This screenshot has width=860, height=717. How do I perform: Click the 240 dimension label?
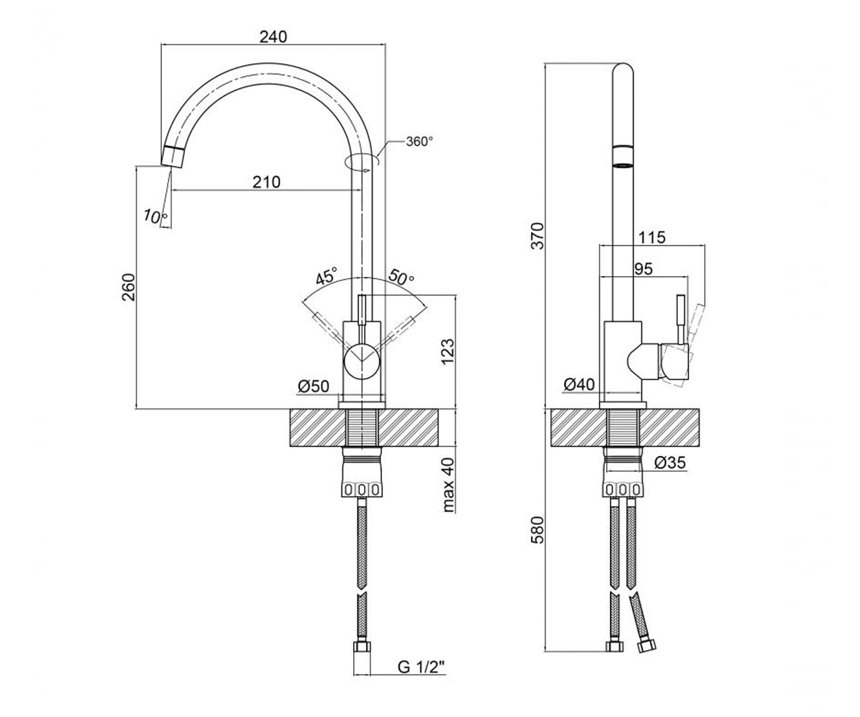[x=273, y=37]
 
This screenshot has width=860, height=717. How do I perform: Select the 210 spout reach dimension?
[x=267, y=181]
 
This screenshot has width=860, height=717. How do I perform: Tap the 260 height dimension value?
[x=128, y=288]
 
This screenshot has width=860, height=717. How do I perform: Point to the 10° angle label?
[x=155, y=216]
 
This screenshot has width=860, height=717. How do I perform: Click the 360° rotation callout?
[x=420, y=141]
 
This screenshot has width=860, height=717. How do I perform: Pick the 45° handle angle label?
[x=326, y=275]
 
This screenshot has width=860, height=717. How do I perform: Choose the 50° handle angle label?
[x=401, y=277]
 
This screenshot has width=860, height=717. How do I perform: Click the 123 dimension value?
[x=447, y=351]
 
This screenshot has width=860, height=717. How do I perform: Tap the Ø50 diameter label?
[x=313, y=386]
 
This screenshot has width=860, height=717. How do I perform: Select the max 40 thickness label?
[x=448, y=485]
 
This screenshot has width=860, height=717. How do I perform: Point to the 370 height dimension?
[x=537, y=236]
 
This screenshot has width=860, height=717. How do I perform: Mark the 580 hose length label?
[x=537, y=530]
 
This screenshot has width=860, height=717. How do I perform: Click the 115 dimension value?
[x=651, y=237]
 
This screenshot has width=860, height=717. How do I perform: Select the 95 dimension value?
[x=644, y=269]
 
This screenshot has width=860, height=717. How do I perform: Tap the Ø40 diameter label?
[x=580, y=384]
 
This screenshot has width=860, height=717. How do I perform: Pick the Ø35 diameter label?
[x=670, y=462]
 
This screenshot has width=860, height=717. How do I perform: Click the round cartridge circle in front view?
[x=362, y=360]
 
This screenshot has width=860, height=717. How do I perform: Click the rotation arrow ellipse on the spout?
[x=362, y=162]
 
